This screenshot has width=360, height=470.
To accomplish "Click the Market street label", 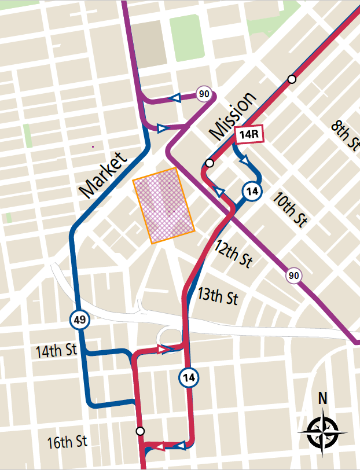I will coord(102,174).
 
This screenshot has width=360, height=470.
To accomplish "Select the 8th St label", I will coord(344,135).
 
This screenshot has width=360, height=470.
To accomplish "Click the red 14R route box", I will coord(249,135).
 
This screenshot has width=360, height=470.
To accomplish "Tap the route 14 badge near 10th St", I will coord(251,192).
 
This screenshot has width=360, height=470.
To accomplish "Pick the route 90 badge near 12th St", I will coord(294,276).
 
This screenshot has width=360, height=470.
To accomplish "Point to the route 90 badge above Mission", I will coord(203,94).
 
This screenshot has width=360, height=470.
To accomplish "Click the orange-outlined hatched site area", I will coord(164,206).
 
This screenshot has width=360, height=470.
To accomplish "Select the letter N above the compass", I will coord(322,399).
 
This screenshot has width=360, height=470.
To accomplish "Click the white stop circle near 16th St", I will coord(139,431).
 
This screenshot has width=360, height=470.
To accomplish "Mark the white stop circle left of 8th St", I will coord(292,79).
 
